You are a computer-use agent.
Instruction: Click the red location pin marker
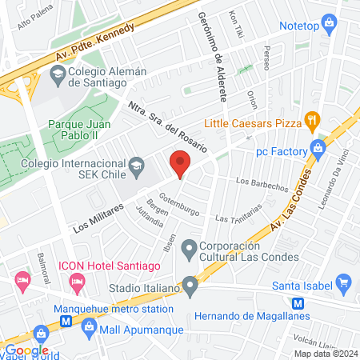(180, 164)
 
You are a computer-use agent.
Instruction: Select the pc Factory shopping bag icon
(318, 149)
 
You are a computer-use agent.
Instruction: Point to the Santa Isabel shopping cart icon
(345, 282)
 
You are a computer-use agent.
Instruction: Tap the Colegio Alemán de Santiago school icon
(58, 76)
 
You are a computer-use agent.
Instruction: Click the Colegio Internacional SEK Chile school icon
(137, 165)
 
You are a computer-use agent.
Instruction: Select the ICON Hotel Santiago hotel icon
(77, 281)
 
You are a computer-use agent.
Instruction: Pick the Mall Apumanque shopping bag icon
(88, 326)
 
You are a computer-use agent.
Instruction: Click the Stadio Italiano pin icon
(190, 284)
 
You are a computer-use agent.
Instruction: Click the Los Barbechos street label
(262, 184)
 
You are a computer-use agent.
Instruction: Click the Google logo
(28, 350)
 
